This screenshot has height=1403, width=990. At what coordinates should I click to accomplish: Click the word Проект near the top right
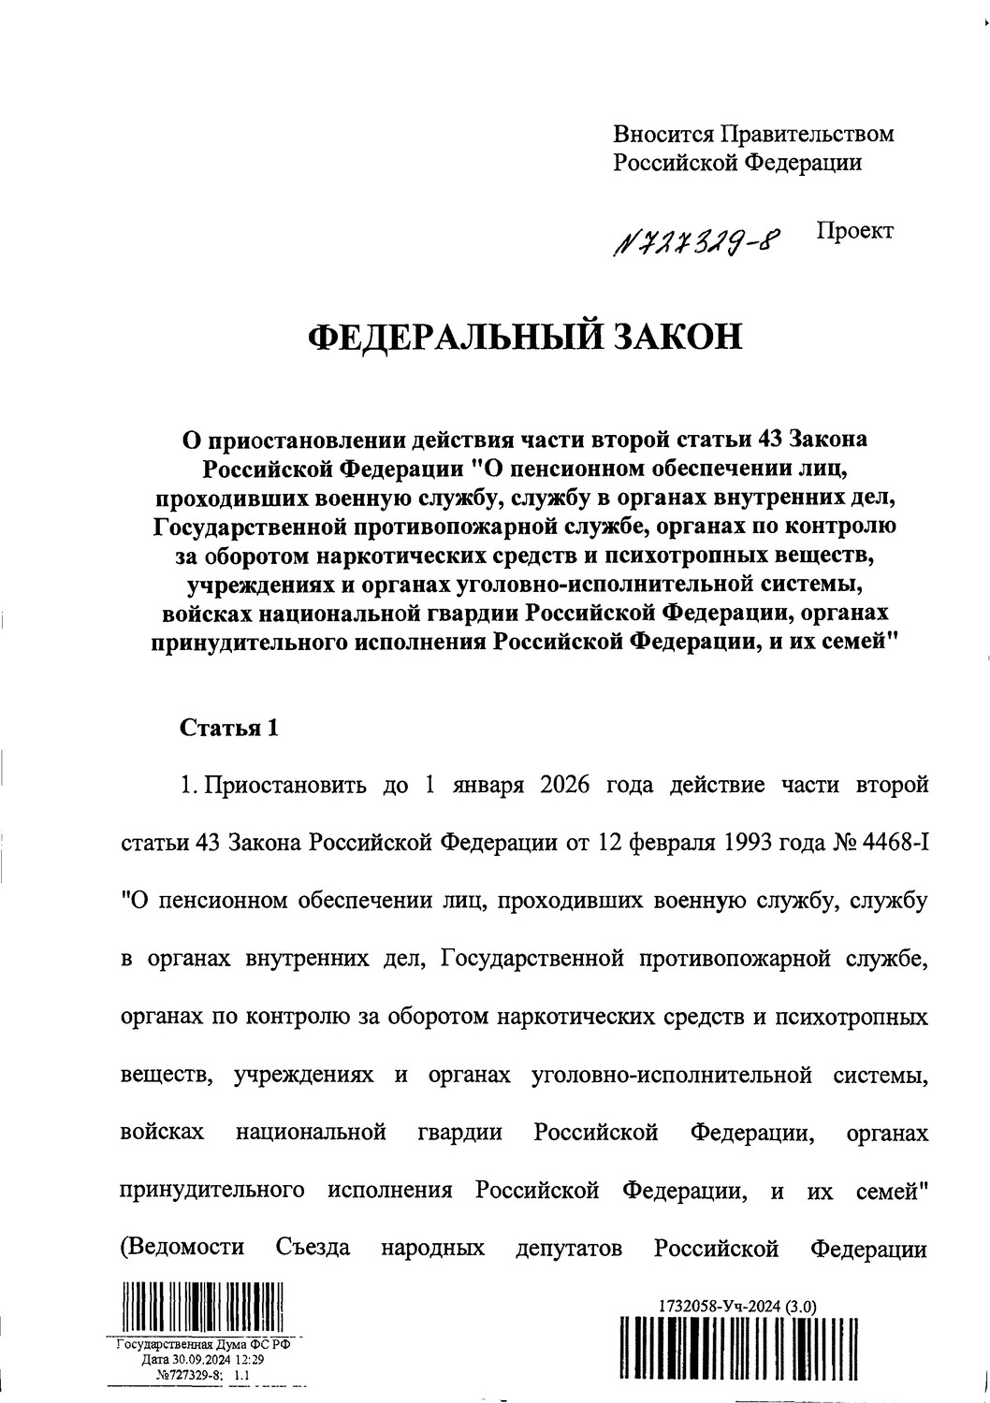click(854, 230)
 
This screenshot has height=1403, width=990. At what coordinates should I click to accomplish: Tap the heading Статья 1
click(229, 728)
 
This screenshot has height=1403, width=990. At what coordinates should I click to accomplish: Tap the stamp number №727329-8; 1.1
click(202, 1376)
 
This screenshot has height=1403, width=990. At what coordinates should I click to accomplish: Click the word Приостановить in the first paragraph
click(283, 783)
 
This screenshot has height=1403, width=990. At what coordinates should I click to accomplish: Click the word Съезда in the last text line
click(313, 1248)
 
